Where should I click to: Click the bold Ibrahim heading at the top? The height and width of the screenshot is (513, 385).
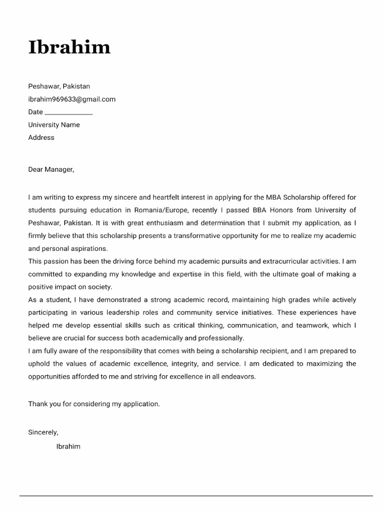tap(69, 47)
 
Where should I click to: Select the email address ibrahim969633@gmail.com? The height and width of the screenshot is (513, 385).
tap(72, 99)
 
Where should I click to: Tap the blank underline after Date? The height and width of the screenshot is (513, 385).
tap(69, 113)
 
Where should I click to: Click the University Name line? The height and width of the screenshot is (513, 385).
tap(54, 125)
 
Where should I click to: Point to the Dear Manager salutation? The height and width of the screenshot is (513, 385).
tap(51, 169)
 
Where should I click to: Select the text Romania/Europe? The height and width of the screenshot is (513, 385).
tap(163, 210)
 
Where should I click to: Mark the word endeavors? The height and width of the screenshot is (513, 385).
tap(238, 377)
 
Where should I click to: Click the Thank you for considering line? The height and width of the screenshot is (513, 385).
tap(94, 403)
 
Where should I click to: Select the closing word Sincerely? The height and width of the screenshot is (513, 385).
tap(43, 432)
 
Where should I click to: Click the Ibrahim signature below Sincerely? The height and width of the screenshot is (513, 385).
tap(68, 446)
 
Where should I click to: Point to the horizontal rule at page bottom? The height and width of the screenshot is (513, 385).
tap(196, 496)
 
